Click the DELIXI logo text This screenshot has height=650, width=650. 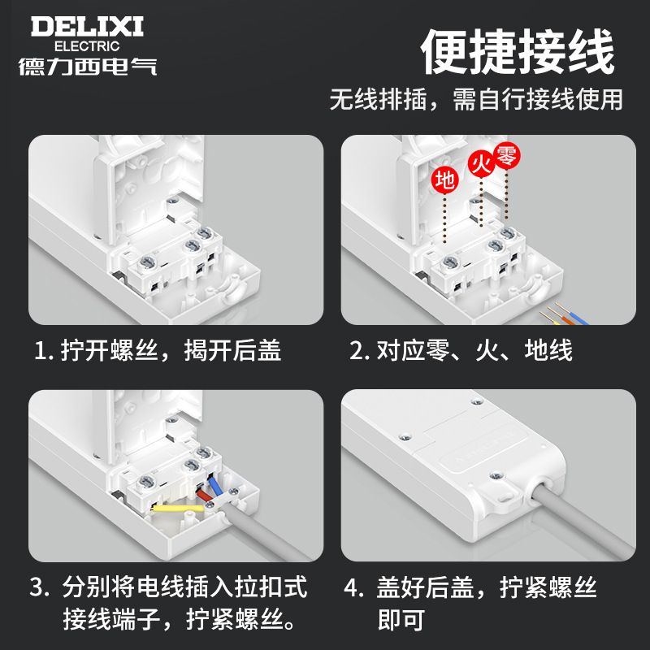[x=87, y=26]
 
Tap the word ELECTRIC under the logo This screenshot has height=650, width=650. [x=86, y=46]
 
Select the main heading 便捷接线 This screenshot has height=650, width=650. [x=518, y=53]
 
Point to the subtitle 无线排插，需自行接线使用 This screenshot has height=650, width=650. [x=476, y=99]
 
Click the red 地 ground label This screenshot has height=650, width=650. [x=444, y=180]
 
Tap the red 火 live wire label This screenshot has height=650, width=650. [x=480, y=167]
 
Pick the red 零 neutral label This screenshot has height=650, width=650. [x=506, y=156]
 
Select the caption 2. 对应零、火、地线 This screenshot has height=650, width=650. [x=461, y=350]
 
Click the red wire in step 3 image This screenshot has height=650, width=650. [x=202, y=492]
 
